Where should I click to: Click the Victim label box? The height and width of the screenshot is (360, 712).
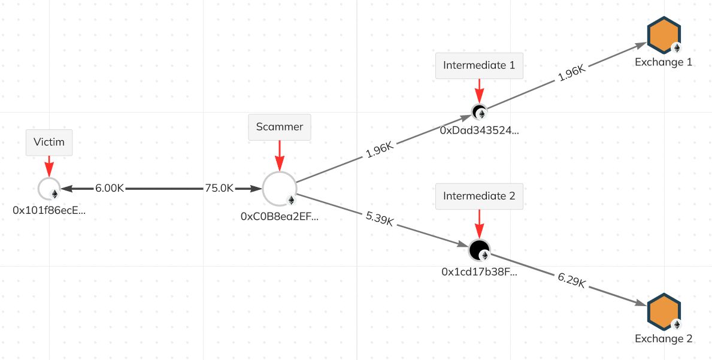pyautogui.click(x=49, y=143)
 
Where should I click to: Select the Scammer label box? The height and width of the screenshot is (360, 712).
pyautogui.click(x=280, y=127)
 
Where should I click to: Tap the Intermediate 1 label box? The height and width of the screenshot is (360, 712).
pyautogui.click(x=479, y=65)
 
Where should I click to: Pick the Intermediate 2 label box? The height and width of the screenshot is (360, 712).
pyautogui.click(x=479, y=196)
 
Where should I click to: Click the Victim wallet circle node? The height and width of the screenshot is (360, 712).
pyautogui.click(x=49, y=189)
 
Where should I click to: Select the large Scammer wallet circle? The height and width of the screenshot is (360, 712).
pyautogui.click(x=280, y=189)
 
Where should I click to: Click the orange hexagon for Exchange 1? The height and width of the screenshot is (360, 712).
pyautogui.click(x=664, y=35)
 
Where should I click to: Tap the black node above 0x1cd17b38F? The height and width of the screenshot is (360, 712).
pyautogui.click(x=479, y=250)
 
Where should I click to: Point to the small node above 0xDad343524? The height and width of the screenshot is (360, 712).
pyautogui.click(x=479, y=111)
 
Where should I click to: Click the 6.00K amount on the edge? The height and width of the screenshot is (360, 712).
pyautogui.click(x=110, y=188)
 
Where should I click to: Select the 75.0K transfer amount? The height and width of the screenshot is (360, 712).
pyautogui.click(x=219, y=188)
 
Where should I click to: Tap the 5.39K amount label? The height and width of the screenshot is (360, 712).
pyautogui.click(x=379, y=219)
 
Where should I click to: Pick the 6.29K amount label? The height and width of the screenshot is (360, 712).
pyautogui.click(x=571, y=280)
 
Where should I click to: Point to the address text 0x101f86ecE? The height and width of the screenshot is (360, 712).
pyautogui.click(x=49, y=210)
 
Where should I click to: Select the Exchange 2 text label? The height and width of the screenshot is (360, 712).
pyautogui.click(x=663, y=338)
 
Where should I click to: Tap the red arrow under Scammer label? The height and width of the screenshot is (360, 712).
pyautogui.click(x=280, y=156)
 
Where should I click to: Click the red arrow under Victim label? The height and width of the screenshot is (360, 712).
pyautogui.click(x=49, y=166)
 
